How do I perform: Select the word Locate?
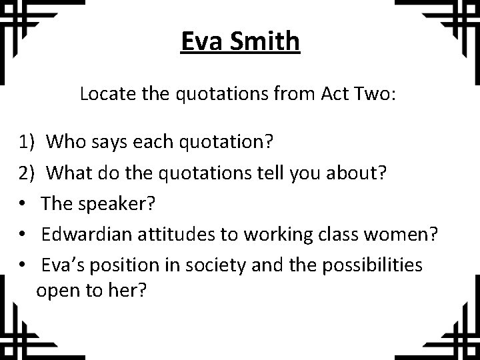[x=104, y=94]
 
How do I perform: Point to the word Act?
[x=320, y=94]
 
